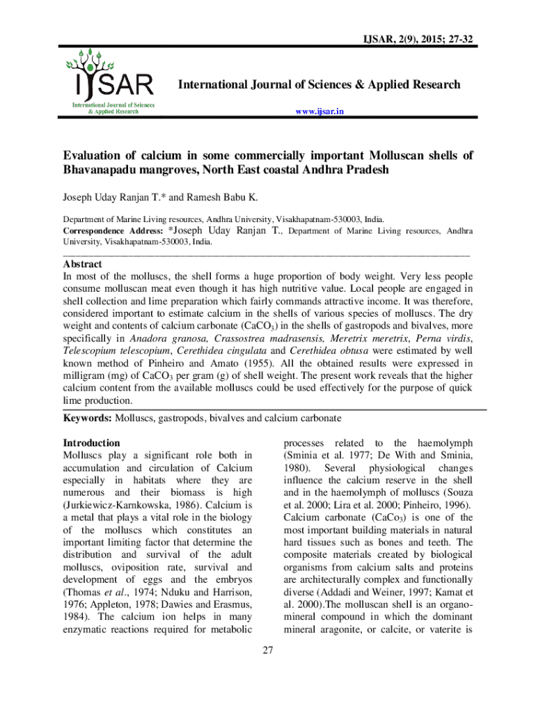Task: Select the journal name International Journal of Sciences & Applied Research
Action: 320,85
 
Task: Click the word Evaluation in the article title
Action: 93,156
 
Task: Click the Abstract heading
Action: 83,265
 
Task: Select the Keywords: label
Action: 87,418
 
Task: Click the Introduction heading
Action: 91,443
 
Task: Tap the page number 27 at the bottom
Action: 268,651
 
